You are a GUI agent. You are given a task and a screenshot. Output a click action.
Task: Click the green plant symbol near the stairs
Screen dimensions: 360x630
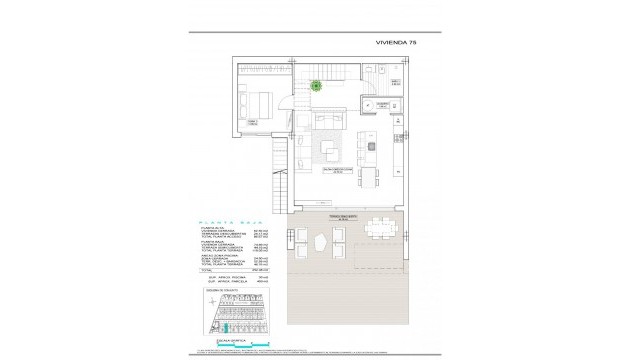317,85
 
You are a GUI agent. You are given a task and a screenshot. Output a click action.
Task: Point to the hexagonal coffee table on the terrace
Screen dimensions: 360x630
318,243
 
